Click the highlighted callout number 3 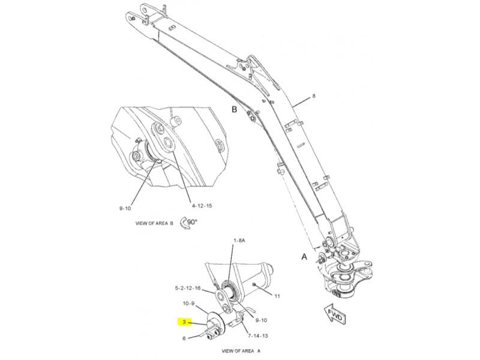click(184, 322)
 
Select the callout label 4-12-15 click(202, 206)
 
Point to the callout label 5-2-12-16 click(188, 288)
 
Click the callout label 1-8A click(239, 241)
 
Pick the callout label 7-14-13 click(258, 335)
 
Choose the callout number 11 click(277, 296)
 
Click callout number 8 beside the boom click(313, 96)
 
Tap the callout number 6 click(184, 338)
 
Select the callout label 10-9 click(188, 304)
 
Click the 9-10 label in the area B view click(125, 208)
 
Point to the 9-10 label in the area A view click(261, 320)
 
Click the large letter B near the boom click(235, 109)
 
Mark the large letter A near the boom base click(304, 257)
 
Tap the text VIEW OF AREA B click(154, 223)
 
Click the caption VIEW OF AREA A click(241, 351)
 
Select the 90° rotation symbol click(188, 223)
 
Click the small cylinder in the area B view click(175, 121)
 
